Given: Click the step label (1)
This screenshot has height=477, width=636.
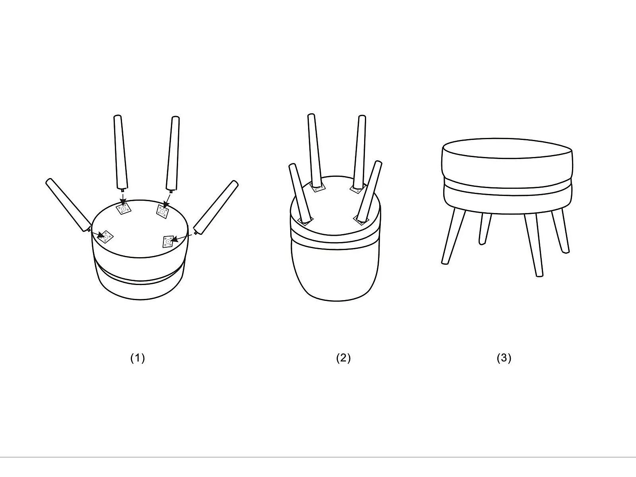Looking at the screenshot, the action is pyautogui.click(x=138, y=358).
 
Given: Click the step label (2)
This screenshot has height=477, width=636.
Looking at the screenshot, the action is pyautogui.click(x=343, y=358).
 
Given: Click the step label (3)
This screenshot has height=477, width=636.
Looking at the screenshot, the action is pyautogui.click(x=504, y=358).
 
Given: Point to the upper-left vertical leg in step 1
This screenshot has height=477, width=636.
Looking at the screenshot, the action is pyautogui.click(x=120, y=152).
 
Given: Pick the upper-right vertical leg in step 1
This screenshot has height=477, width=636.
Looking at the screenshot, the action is pyautogui.click(x=173, y=153).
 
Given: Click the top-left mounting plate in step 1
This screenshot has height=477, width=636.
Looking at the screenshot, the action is pyautogui.click(x=124, y=209).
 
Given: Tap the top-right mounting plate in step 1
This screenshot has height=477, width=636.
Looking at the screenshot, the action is pyautogui.click(x=163, y=211).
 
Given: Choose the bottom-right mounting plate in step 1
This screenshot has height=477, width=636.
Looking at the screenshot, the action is pyautogui.click(x=168, y=242).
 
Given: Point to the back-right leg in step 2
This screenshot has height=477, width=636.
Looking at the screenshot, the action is pyautogui.click(x=360, y=152).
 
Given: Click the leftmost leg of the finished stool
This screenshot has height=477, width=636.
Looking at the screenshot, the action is pyautogui.click(x=453, y=237).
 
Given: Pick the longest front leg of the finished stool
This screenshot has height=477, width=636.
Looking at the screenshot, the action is pyautogui.click(x=534, y=245).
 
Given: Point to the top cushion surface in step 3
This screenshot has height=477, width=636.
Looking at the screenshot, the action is pyautogui.click(x=507, y=148).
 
